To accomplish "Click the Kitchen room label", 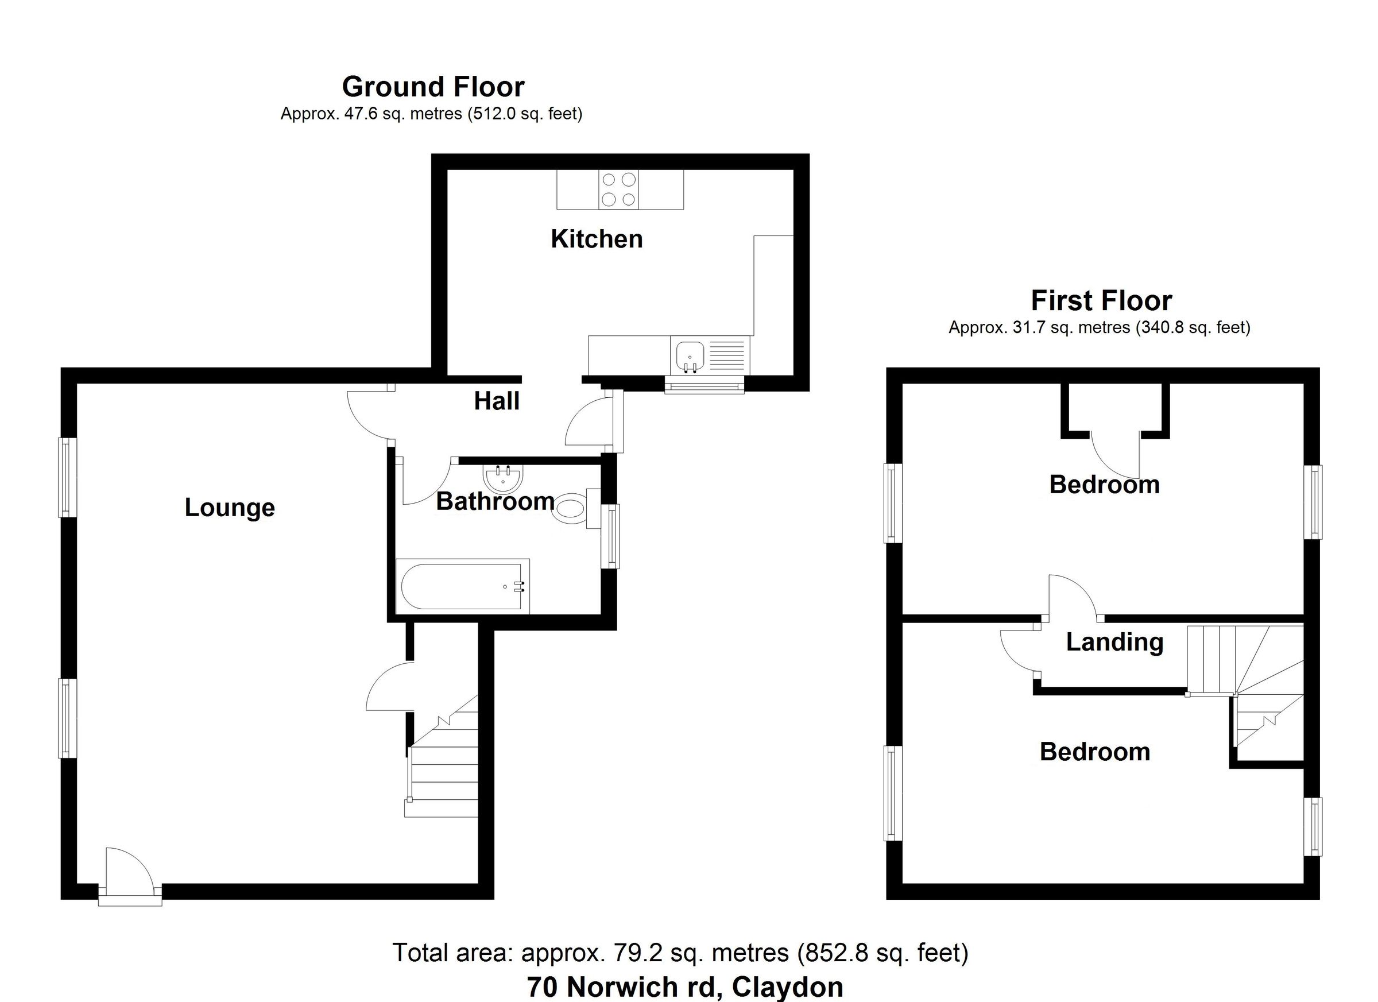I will point(596,239).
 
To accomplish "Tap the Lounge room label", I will point(229,508).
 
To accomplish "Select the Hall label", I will point(497,401).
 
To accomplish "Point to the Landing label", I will point(1114,643).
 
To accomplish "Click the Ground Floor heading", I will point(432,87).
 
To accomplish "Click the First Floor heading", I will point(1101,301).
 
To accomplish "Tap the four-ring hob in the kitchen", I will point(618,189).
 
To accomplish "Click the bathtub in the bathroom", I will point(462,586).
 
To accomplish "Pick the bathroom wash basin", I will point(502,478).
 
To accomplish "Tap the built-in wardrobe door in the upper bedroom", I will point(1116,456).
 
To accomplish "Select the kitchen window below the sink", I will point(704,385).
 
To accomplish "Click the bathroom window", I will point(610,536).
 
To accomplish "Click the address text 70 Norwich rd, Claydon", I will point(685,988).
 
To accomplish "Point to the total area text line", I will point(680,952).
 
